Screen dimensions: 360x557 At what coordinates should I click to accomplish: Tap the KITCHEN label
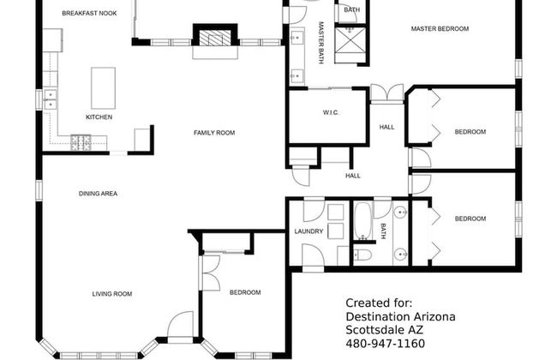[99, 117]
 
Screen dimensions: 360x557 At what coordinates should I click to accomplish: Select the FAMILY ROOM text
[213, 132]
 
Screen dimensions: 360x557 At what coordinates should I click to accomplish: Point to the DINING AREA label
[98, 194]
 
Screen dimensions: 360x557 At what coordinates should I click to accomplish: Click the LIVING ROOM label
[112, 294]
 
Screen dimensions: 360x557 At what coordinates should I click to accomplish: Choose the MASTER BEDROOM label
[440, 29]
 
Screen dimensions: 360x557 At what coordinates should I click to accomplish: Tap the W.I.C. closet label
[332, 112]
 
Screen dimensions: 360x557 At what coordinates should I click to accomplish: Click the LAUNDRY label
[308, 231]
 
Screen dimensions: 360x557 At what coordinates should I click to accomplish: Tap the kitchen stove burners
[81, 140]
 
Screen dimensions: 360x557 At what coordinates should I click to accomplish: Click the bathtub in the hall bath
[362, 221]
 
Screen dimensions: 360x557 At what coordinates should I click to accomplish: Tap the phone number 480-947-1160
[385, 344]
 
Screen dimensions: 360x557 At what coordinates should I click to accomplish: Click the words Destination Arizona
[400, 316]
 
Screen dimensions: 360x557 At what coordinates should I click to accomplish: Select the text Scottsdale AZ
[385, 330]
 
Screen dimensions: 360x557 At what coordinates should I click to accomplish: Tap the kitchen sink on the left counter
[51, 98]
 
